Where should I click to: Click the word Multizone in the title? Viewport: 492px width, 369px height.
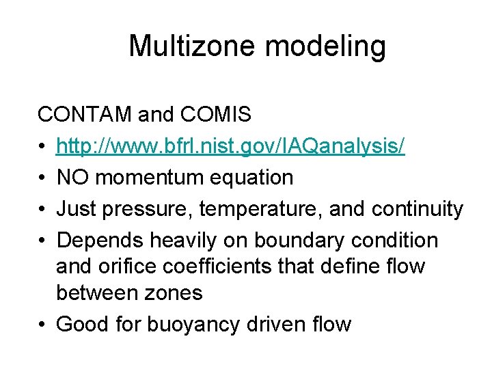click(177, 46)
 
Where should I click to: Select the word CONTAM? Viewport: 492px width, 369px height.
click(85, 114)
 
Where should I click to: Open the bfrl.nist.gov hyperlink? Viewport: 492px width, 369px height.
click(230, 146)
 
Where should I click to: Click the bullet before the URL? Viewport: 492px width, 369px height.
click(42, 146)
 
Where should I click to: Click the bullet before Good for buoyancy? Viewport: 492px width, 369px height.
click(42, 324)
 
